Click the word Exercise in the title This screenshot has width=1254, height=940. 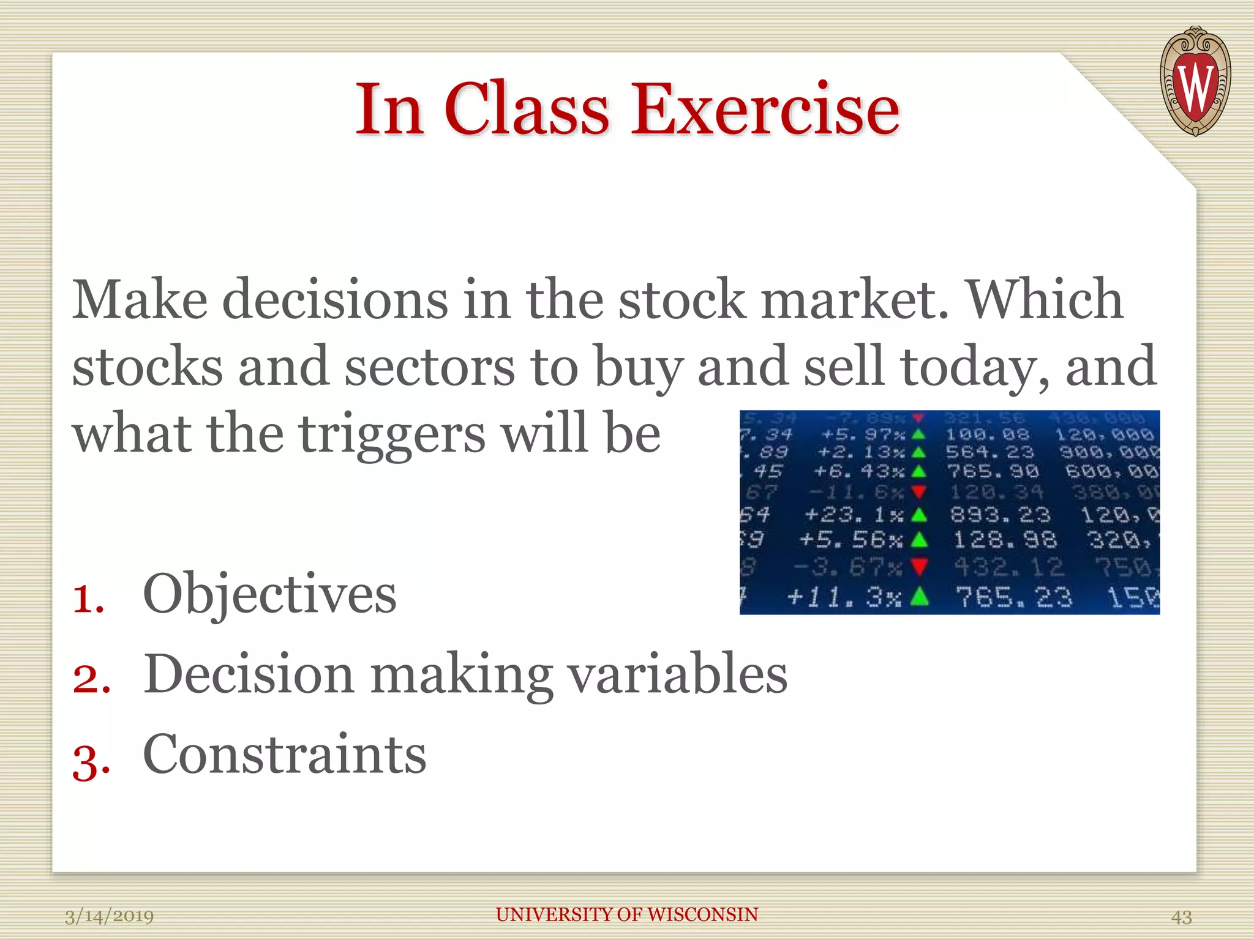[765, 110]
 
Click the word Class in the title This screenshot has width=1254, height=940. [527, 110]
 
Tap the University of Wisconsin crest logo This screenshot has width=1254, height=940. [1195, 81]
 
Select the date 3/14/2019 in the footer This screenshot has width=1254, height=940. [109, 916]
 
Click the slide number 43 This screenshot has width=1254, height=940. [1181, 917]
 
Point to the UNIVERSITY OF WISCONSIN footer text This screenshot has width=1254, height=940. [626, 914]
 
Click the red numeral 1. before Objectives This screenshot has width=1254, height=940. [88, 598]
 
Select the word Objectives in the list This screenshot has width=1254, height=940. [269, 594]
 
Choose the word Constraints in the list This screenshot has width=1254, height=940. [284, 754]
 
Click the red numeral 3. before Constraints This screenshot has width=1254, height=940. [91, 763]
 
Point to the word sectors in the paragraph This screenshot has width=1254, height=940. [429, 366]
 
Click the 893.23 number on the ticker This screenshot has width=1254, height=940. [1000, 515]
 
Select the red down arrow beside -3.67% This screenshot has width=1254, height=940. [918, 567]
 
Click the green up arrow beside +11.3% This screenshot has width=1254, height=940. [918, 595]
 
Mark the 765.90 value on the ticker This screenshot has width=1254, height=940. [992, 471]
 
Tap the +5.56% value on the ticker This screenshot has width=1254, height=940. [850, 540]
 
